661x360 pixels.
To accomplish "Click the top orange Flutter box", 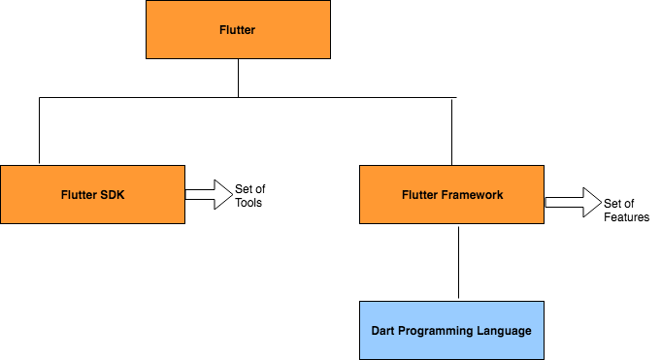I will (x=238, y=30).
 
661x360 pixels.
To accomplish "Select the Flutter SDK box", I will (x=92, y=194).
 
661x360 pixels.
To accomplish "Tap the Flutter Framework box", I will (x=451, y=194).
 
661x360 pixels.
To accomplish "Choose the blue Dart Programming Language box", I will (x=451, y=330).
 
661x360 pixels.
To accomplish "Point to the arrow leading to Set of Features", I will (x=573, y=203).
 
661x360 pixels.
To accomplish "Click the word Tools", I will (x=248, y=203).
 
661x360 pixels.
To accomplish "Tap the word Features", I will (x=626, y=217).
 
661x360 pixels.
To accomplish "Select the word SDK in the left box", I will (x=113, y=195).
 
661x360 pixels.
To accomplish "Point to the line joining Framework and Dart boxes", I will (x=458, y=262).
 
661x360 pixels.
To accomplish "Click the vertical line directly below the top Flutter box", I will (x=238, y=78).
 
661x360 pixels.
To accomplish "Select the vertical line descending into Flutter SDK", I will (x=39, y=131).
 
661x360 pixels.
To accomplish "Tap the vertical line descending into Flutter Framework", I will (x=451, y=131).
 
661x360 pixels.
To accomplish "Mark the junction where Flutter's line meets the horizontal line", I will (x=238, y=97).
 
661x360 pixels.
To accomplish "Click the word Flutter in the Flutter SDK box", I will (x=79, y=195).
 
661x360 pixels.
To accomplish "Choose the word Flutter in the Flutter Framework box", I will (x=419, y=195).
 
